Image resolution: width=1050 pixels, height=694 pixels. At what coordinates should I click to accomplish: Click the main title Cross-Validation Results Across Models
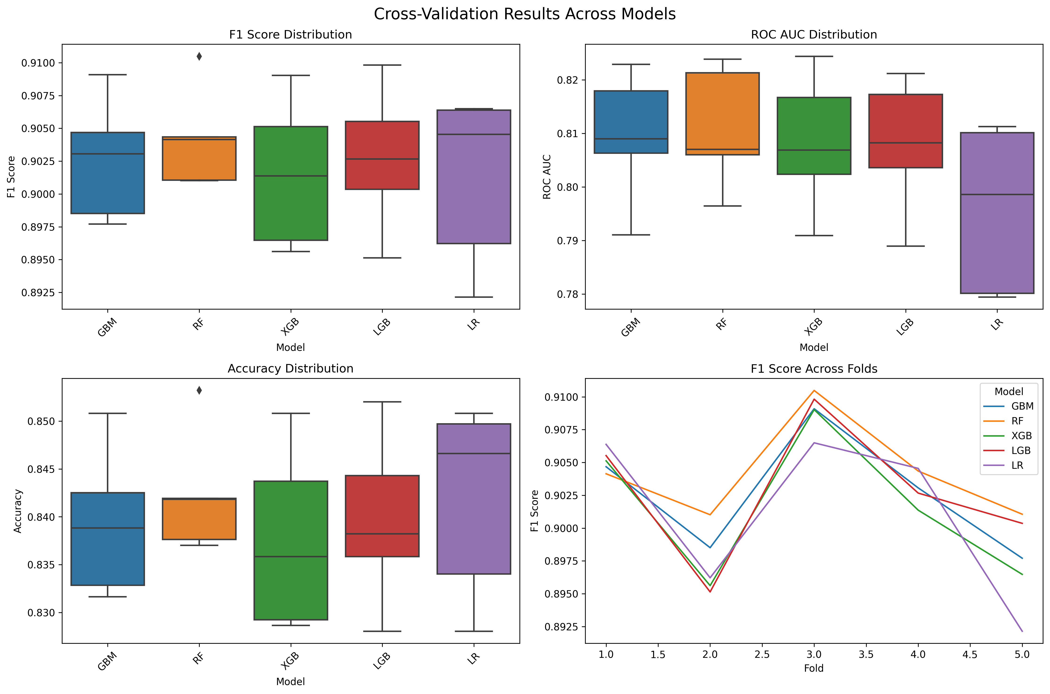525,14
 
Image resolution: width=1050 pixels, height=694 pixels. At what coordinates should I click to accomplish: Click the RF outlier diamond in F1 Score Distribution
199,56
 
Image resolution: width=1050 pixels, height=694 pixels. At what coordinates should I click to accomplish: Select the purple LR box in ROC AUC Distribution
997,213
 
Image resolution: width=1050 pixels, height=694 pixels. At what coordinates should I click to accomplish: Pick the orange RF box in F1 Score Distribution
199,159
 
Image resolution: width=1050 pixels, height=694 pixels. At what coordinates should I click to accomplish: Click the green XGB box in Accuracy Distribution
291,550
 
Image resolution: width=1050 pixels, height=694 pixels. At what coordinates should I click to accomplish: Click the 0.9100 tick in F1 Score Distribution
39,63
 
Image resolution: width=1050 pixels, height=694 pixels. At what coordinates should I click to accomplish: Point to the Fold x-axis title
814,668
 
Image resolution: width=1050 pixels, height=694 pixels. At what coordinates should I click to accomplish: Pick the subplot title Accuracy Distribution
290,369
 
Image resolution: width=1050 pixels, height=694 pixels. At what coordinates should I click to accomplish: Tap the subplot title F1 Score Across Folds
814,369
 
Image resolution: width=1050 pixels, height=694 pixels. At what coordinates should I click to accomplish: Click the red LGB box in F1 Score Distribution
382,155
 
